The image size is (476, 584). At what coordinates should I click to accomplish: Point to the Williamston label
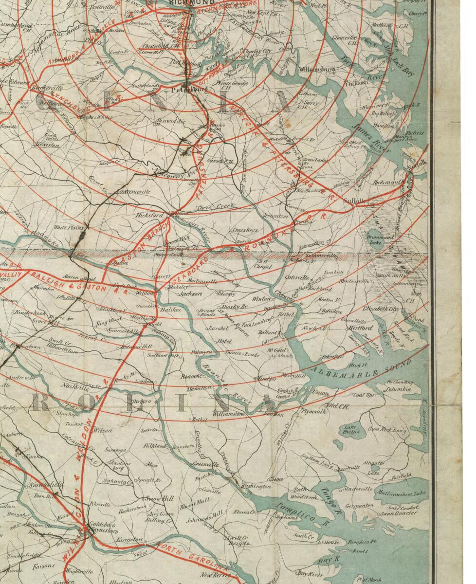coord(228,413)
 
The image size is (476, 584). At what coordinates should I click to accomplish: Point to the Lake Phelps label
coord(353,430)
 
